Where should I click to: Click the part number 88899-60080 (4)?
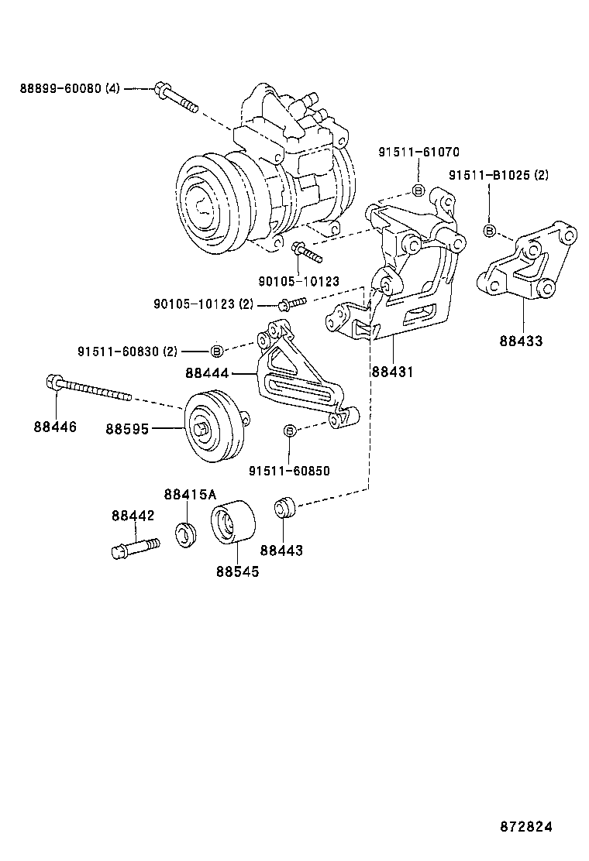[70, 89]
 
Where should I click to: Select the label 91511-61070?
[418, 153]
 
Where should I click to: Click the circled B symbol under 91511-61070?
[418, 190]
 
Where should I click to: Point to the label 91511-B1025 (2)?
[498, 176]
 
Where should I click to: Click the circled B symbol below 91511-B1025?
[490, 230]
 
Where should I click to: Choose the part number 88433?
[522, 341]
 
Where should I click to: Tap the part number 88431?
[392, 372]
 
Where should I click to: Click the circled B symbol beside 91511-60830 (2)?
[217, 351]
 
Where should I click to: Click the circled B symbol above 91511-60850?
[289, 430]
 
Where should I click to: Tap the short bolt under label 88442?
[133, 548]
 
